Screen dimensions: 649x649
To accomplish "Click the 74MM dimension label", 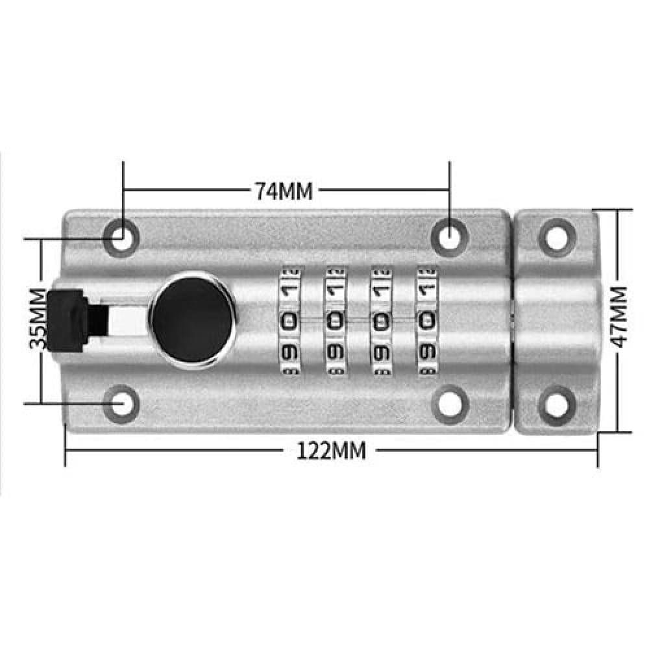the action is point(284,191).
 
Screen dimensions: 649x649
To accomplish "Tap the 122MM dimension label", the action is point(332,451).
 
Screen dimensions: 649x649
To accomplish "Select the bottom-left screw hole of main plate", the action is point(121,404).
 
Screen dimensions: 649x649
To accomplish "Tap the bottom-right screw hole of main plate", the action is point(450,404).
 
